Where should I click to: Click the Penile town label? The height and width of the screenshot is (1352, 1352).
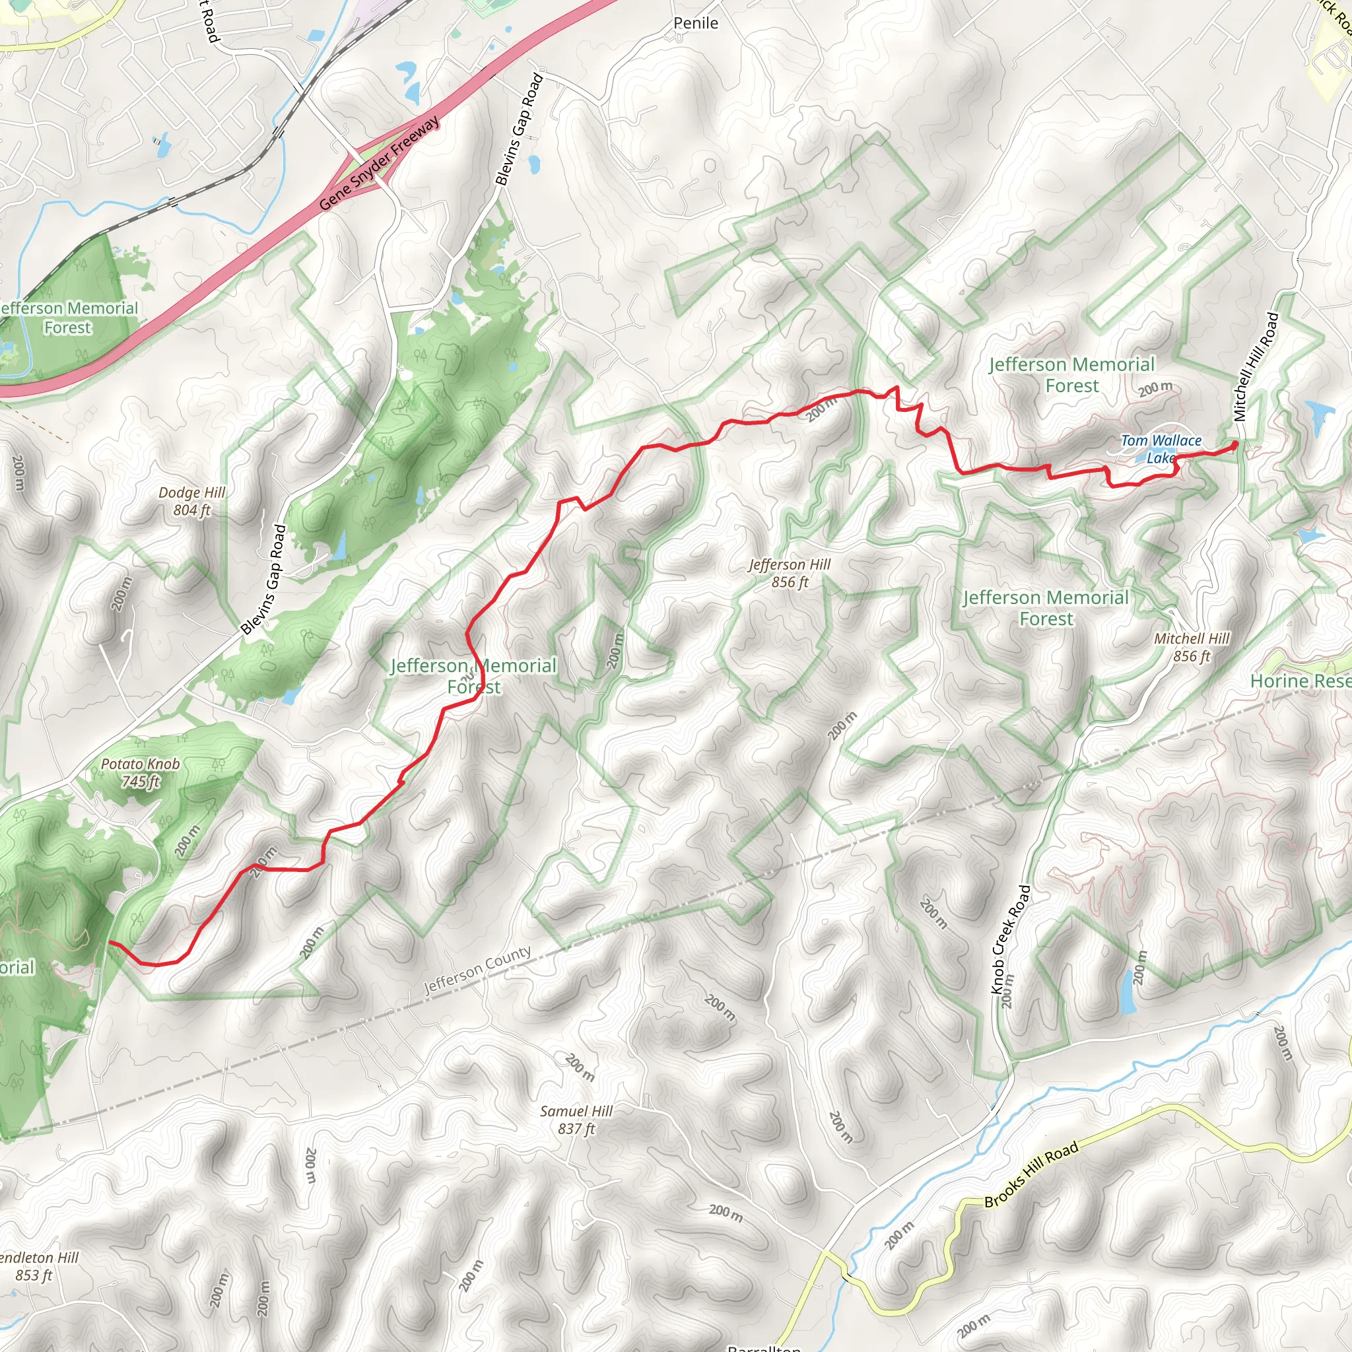(696, 23)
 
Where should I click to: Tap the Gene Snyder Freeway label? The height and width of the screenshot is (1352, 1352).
(380, 163)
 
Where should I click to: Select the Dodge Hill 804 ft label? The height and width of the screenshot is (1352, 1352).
(191, 501)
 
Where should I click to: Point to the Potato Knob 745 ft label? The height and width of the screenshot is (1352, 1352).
(141, 772)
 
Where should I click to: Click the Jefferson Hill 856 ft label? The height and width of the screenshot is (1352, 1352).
(790, 572)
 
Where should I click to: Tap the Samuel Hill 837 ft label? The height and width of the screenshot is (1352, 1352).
(576, 1120)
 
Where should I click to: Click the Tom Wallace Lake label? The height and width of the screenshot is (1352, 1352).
(1161, 448)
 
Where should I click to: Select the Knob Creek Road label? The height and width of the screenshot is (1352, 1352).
(1010, 940)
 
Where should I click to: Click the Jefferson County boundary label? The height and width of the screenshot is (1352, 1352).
(477, 970)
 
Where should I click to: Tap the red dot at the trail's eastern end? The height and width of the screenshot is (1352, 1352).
(1234, 444)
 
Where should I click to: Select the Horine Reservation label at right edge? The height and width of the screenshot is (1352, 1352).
(1301, 681)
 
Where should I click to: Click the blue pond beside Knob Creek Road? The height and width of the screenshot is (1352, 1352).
(1128, 992)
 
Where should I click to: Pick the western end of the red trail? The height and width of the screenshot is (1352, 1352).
(110, 943)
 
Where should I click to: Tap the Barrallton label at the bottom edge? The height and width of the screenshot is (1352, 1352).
(764, 1347)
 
